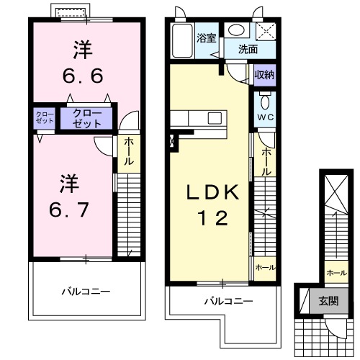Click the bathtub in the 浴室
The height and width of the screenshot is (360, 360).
coord(182,41)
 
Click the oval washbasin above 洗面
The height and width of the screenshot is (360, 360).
coord(235,30)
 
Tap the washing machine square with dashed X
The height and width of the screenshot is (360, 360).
coord(266,30)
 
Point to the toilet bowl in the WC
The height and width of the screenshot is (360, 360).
coord(264,101)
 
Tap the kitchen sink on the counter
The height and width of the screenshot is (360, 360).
coord(214,117)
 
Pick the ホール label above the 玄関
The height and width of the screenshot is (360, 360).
coord(335,273)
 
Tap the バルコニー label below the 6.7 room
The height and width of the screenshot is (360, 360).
coord(85,290)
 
